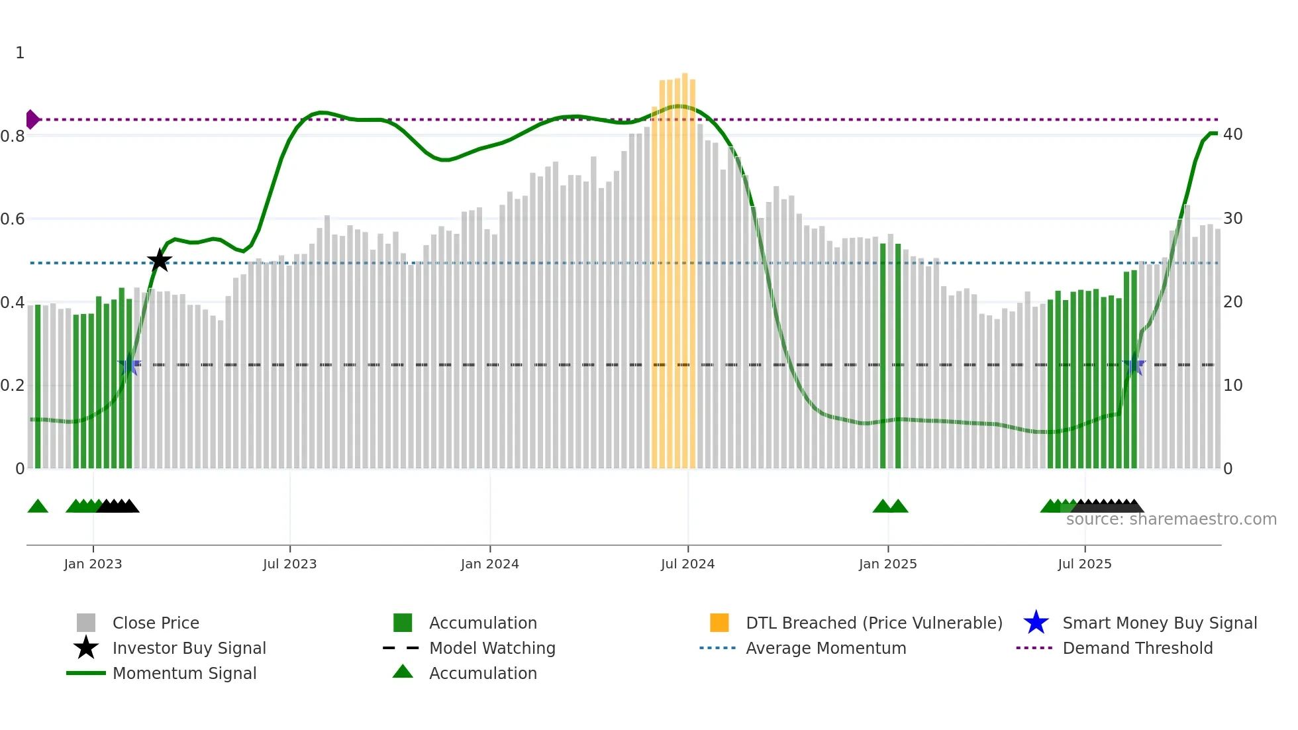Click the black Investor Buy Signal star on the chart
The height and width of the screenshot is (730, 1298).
159,261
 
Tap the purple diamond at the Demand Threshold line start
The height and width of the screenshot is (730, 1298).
32,119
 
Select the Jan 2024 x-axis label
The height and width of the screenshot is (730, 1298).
489,564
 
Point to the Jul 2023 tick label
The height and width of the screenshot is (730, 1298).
289,564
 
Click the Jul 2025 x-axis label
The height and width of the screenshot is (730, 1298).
1084,564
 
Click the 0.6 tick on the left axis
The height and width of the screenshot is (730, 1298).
13,219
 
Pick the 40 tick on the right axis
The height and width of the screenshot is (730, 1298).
1232,134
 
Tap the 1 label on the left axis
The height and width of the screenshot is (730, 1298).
20,53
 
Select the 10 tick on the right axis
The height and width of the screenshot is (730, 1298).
1232,386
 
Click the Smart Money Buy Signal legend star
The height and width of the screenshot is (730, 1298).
1036,623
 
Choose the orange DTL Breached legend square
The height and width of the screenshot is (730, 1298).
719,623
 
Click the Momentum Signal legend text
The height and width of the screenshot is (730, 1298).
184,673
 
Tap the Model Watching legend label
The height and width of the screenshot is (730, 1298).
492,648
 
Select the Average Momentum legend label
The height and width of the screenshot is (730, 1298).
826,648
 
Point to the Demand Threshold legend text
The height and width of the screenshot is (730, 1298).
1137,648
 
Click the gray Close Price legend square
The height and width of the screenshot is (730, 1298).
86,623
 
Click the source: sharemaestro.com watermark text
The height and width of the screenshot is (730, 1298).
1171,519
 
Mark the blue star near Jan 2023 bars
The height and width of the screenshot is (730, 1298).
129,364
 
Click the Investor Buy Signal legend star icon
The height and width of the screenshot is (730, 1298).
86,648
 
